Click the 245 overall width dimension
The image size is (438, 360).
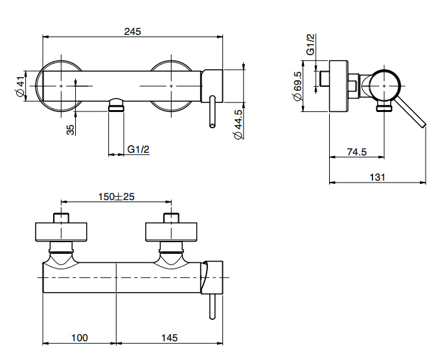[x=132, y=32]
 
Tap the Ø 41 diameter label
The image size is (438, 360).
[x=20, y=86]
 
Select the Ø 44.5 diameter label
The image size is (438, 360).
[x=238, y=124]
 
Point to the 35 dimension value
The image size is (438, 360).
[x=71, y=129]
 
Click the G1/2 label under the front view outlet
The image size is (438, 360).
[x=138, y=150]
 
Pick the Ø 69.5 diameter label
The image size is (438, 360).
[x=297, y=86]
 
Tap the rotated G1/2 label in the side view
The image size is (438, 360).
[x=310, y=45]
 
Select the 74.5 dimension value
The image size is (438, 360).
[x=357, y=152]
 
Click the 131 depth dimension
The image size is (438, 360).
[x=377, y=177]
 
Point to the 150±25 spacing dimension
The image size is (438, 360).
[x=116, y=197]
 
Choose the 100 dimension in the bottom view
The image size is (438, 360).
[x=80, y=338]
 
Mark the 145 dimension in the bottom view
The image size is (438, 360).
[x=170, y=338]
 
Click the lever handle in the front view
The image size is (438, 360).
[x=213, y=111]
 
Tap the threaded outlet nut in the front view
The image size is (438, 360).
[x=116, y=105]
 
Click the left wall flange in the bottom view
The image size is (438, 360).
[x=61, y=232]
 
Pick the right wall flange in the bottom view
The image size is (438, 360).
[x=171, y=232]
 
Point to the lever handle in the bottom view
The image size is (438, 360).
[x=213, y=306]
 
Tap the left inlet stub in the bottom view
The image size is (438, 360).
[x=61, y=218]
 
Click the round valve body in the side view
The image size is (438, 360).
[x=384, y=86]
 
